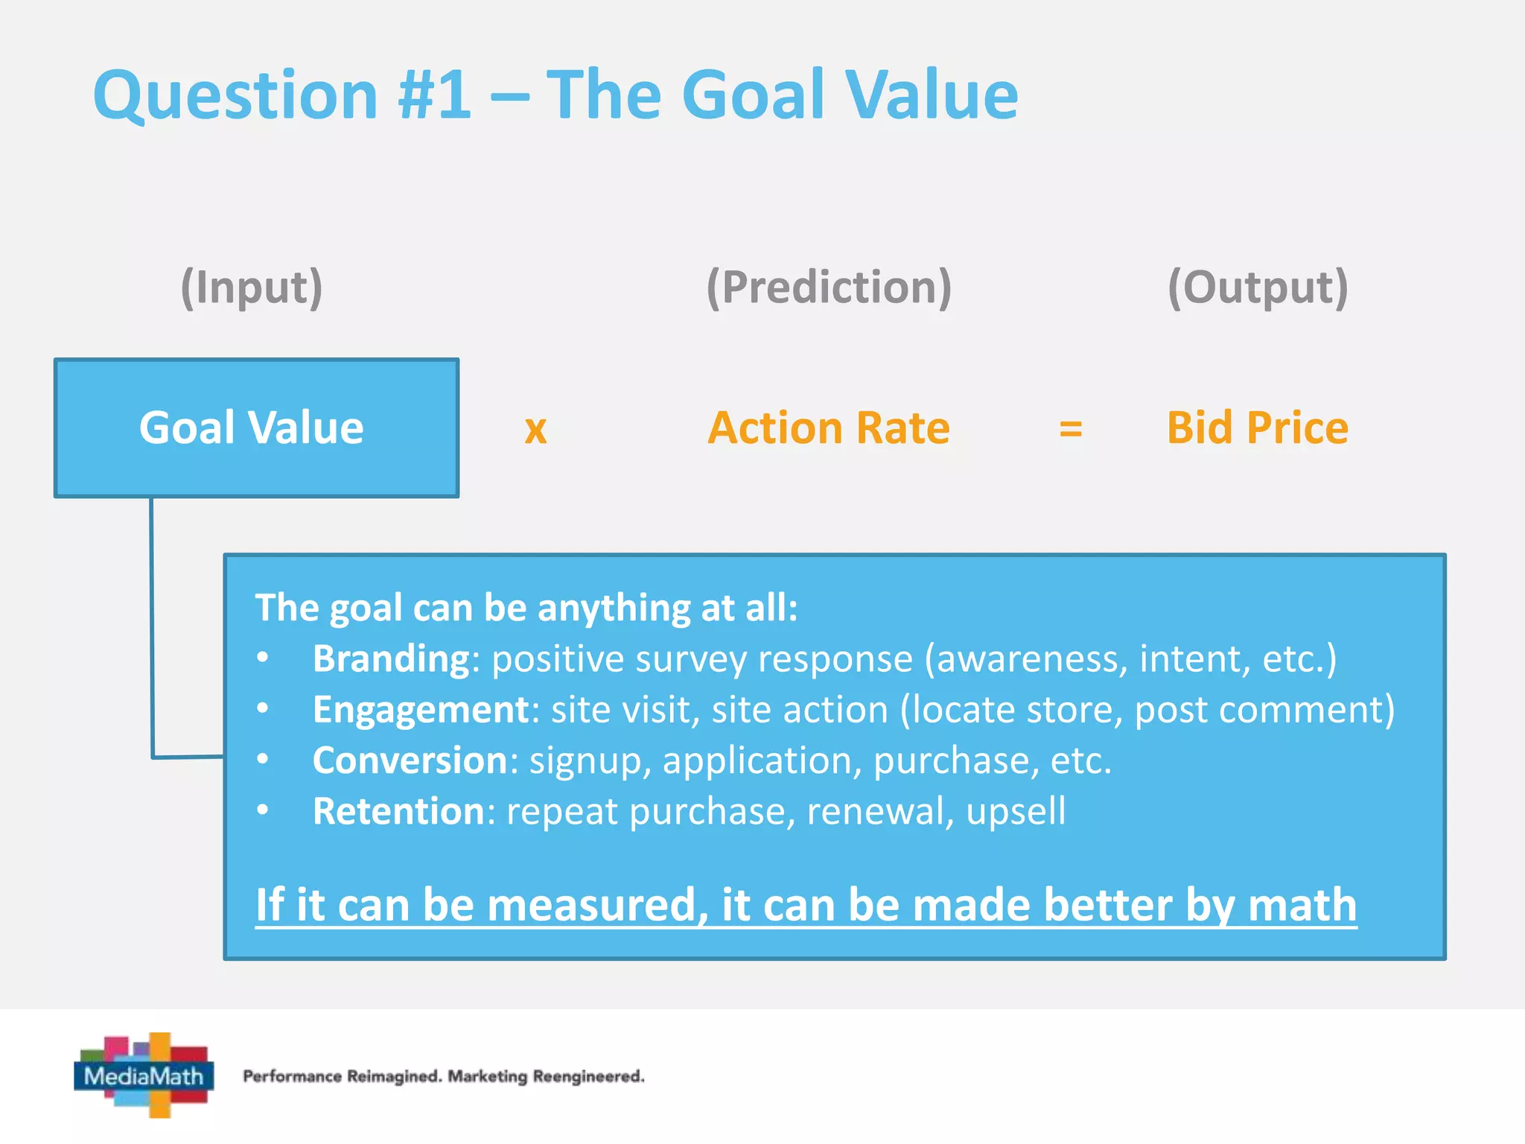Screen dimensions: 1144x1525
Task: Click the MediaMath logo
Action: coord(144,1075)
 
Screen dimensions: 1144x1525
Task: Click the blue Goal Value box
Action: coord(256,428)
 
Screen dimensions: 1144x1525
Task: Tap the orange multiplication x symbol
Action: coord(535,430)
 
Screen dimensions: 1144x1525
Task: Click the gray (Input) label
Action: coord(252,287)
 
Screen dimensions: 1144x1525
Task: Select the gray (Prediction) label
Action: coord(828,287)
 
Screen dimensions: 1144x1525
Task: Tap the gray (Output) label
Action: coord(1257,287)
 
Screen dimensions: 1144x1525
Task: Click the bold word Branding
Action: coord(391,658)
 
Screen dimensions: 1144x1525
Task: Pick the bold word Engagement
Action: coord(421,709)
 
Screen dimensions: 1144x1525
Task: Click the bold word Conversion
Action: coord(410,760)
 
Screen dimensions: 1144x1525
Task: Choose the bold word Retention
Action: coord(399,810)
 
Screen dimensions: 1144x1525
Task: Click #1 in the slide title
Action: coord(435,95)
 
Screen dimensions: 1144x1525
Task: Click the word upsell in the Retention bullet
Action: coord(1015,810)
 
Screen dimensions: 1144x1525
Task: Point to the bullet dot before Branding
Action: coord(262,658)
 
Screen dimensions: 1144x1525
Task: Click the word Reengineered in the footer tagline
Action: coord(588,1076)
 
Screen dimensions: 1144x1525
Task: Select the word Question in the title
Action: coord(235,95)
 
